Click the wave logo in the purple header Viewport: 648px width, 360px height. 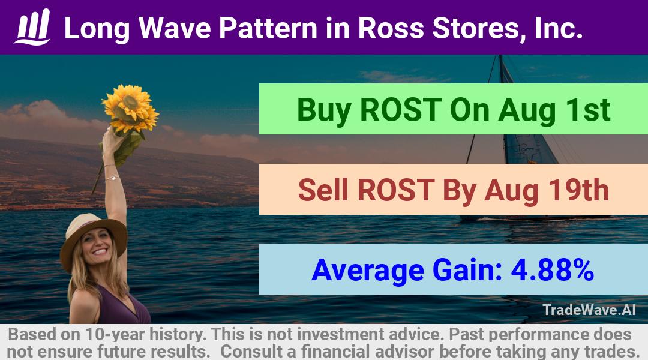[32, 27]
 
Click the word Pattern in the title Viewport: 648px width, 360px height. [268, 28]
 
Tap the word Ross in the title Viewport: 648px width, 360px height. [391, 28]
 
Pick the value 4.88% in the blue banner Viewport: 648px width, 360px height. [553, 270]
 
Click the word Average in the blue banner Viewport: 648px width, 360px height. [368, 271]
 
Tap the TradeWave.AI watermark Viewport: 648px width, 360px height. [589, 310]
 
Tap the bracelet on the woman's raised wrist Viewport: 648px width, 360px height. [112, 179]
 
